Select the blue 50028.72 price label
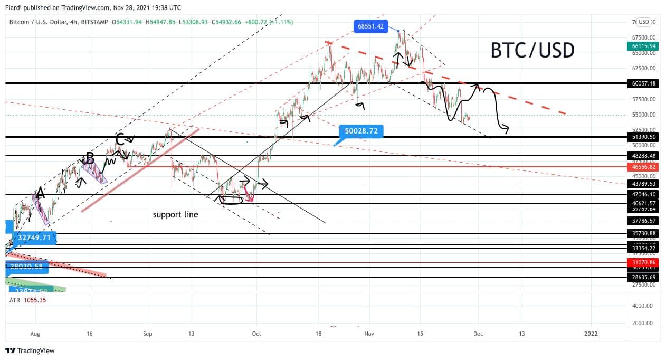[x=361, y=131]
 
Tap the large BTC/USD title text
[x=532, y=50]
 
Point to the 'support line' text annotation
[x=175, y=215]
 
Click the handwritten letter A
[x=40, y=194]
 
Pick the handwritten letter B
[x=90, y=158]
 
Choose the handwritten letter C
[x=120, y=140]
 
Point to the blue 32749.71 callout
[x=33, y=238]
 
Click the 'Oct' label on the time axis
[x=256, y=334]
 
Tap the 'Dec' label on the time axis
[x=478, y=334]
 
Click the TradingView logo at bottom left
[x=30, y=350]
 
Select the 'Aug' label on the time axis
[x=35, y=334]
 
